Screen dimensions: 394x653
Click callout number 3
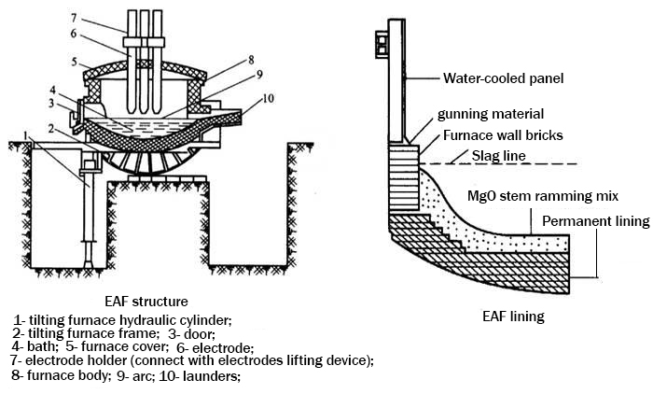(x=55, y=102)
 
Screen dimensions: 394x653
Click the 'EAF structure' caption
(x=148, y=301)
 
